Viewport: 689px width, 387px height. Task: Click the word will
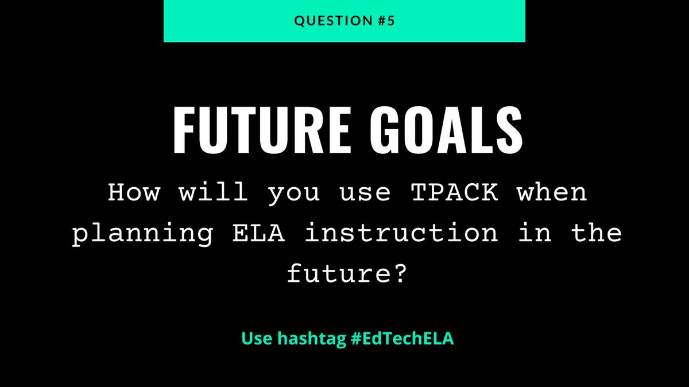[x=208, y=193]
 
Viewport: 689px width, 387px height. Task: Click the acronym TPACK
[x=453, y=193]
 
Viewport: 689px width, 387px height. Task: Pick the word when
[x=552, y=193]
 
